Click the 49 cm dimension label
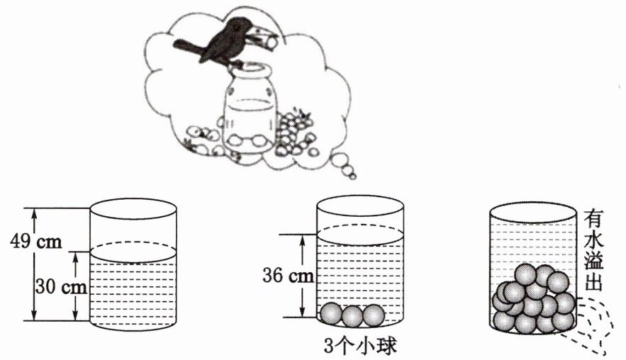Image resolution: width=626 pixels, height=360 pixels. click(36, 241)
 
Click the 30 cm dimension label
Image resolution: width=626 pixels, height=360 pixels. click(61, 286)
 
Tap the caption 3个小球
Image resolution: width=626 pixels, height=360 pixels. click(360, 347)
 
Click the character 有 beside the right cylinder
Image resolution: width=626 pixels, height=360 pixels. click(594, 219)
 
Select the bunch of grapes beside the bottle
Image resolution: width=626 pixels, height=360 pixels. click(293, 130)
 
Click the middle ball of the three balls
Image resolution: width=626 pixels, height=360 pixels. click(352, 317)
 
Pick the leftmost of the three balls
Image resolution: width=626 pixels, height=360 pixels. click(331, 313)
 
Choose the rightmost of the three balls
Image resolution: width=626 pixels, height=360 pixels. click(374, 315)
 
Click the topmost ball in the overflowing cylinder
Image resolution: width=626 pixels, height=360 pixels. click(525, 274)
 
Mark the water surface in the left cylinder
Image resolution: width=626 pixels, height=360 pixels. click(133, 252)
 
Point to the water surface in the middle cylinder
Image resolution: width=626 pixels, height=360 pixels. click(360, 235)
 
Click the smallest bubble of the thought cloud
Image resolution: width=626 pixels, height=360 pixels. click(352, 176)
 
